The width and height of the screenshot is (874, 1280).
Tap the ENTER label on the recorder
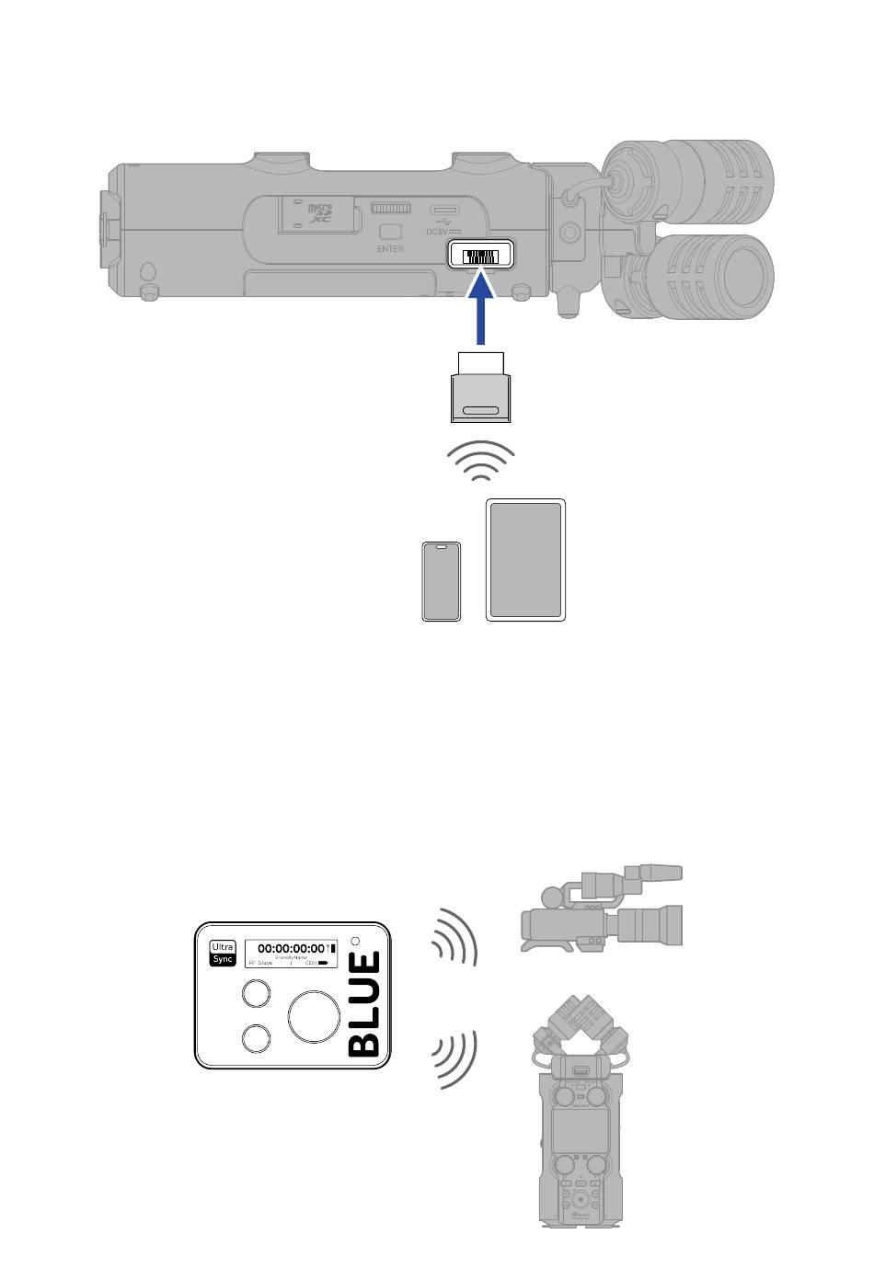[x=390, y=249]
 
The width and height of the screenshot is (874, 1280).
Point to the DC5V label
[x=443, y=232]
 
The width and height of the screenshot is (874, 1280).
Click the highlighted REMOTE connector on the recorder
[x=480, y=256]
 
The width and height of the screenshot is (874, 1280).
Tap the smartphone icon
[x=442, y=581]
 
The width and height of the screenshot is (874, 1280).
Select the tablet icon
[x=525, y=560]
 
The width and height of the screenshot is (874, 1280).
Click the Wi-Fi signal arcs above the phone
[x=480, y=460]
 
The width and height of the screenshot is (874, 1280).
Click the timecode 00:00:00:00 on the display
[x=291, y=948]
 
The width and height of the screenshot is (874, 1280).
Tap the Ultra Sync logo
[x=223, y=953]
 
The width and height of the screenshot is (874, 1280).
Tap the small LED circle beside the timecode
[x=356, y=942]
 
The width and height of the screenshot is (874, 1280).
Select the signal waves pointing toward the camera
[x=456, y=937]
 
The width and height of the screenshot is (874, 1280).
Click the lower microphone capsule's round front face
[x=747, y=277]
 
